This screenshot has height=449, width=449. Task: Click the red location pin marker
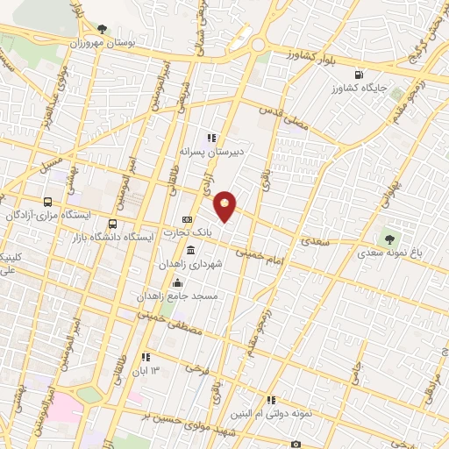point(225,207)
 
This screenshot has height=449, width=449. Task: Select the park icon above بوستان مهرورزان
point(103,29)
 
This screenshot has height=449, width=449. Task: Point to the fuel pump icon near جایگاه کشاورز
point(357,75)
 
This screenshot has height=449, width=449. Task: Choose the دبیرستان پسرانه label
point(210,151)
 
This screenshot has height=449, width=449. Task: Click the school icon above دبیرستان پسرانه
point(210,138)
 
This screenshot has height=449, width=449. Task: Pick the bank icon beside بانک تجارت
point(187,220)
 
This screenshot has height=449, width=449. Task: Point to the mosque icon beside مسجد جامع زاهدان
point(178,282)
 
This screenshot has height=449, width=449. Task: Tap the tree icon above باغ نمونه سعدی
point(388,238)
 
